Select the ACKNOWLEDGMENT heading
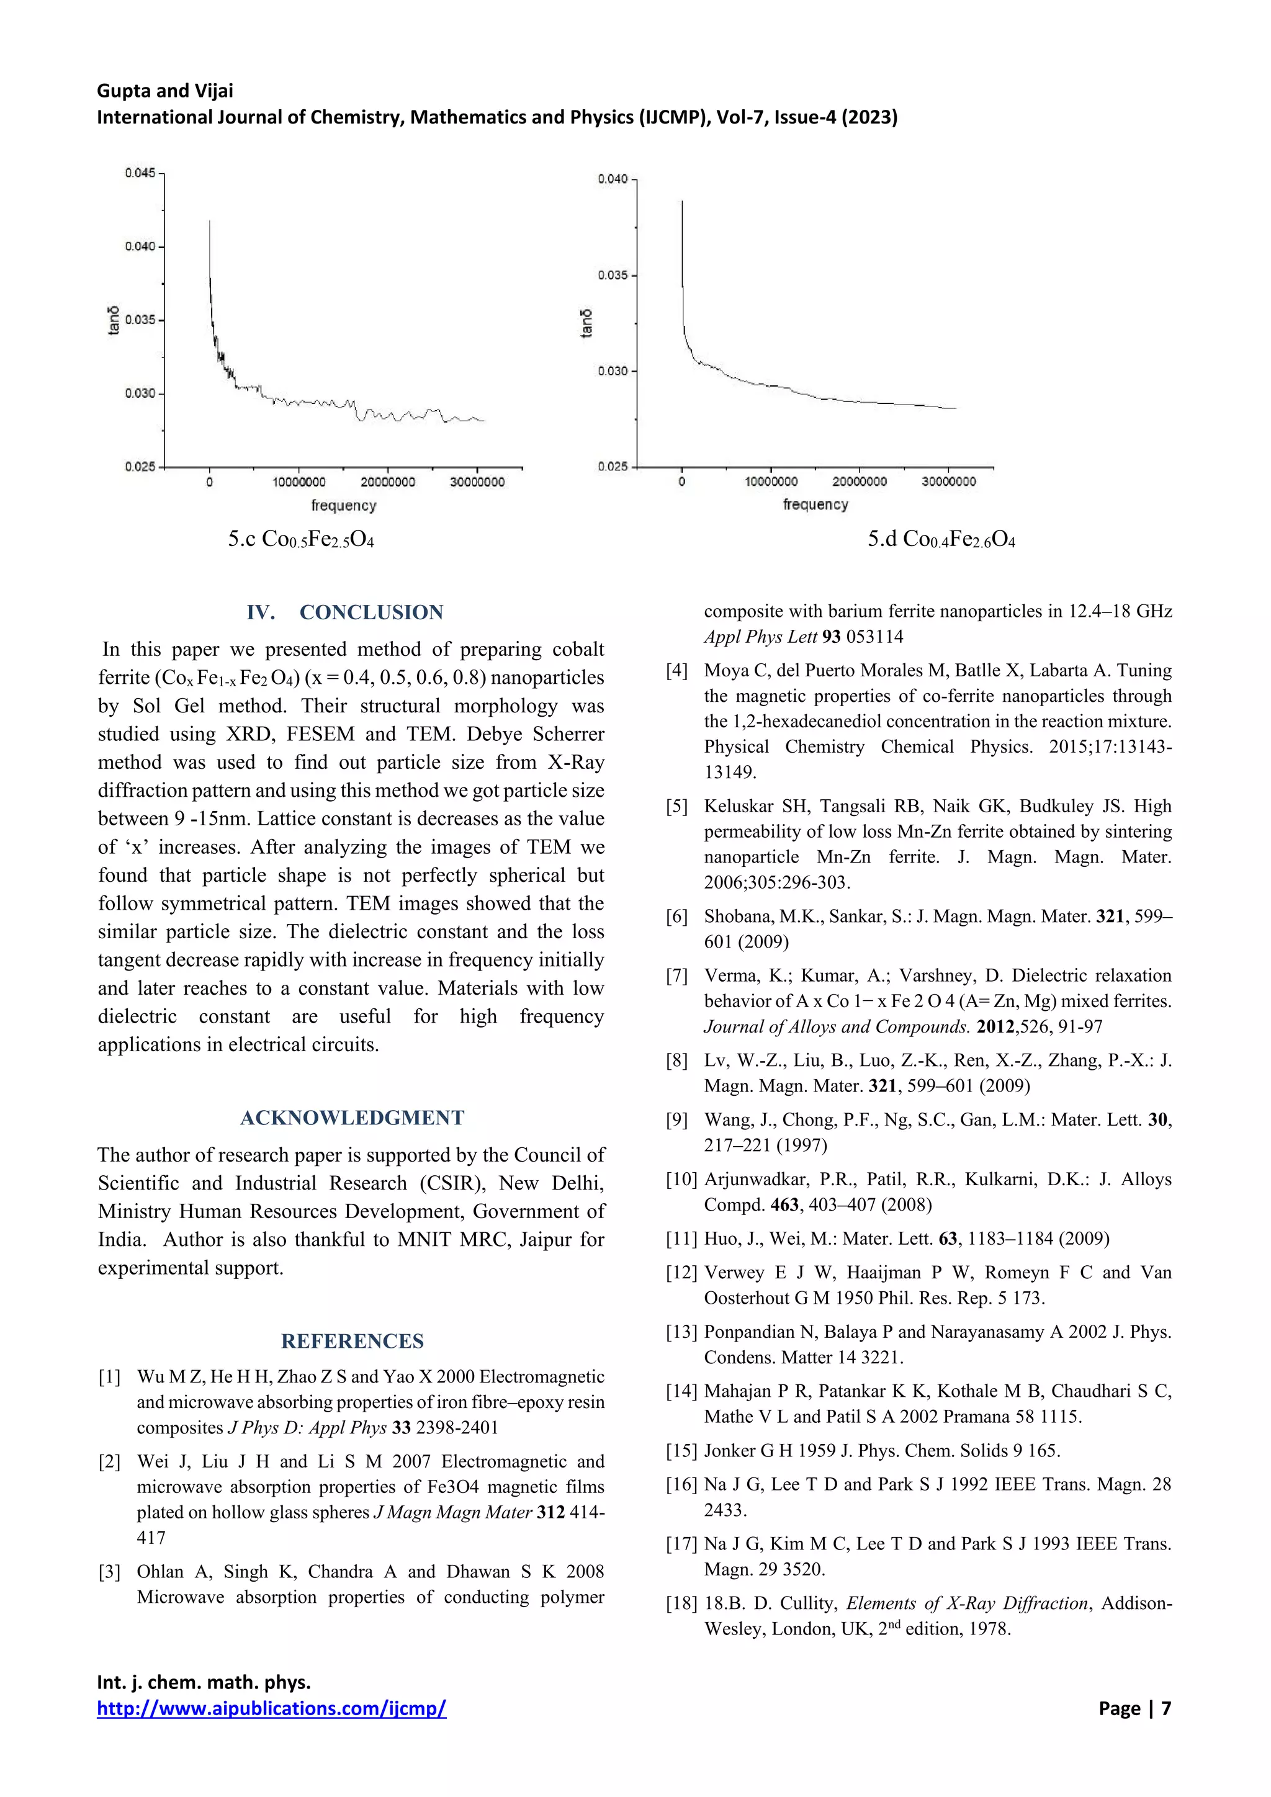click(x=352, y=1118)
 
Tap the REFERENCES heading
click(x=352, y=1342)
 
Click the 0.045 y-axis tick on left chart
click(x=140, y=173)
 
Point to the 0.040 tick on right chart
click(x=613, y=179)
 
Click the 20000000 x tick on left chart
click(x=388, y=482)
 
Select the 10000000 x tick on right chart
click(x=771, y=482)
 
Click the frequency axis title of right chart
click(x=815, y=505)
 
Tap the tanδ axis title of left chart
click(x=114, y=320)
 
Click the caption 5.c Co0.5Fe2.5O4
click(x=302, y=539)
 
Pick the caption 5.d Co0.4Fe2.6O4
click(x=941, y=539)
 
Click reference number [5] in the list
click(x=677, y=807)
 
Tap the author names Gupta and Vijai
click(x=165, y=91)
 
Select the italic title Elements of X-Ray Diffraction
click(x=968, y=1603)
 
